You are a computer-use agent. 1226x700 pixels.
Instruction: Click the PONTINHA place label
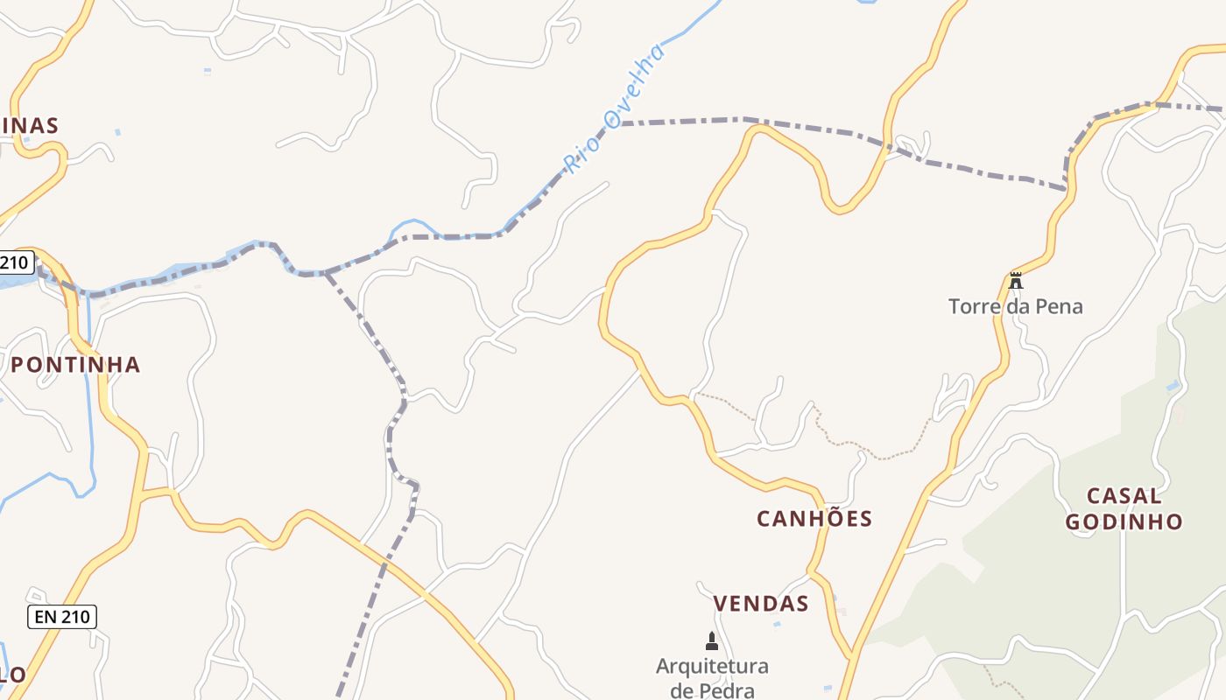tap(75, 365)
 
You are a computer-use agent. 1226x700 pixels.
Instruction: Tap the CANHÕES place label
tap(814, 519)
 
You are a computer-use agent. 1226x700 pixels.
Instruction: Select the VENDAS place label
tap(760, 604)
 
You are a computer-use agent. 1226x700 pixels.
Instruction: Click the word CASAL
tap(1124, 496)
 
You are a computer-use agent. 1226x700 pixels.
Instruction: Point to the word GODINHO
tap(1124, 522)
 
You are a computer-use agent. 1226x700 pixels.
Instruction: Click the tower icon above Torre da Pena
tap(1015, 281)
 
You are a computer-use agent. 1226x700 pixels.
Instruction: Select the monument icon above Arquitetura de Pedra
tap(712, 641)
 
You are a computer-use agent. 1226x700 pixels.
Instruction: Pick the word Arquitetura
tap(712, 667)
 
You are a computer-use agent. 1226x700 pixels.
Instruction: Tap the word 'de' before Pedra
tap(682, 690)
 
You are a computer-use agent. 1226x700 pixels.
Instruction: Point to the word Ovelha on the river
tap(637, 85)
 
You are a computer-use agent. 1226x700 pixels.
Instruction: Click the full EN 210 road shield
tap(61, 617)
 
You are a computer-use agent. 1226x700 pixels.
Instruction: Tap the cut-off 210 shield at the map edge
tap(15, 262)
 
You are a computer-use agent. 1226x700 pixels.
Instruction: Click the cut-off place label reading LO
tap(11, 675)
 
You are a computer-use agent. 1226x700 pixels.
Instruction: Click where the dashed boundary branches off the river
tap(326, 273)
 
